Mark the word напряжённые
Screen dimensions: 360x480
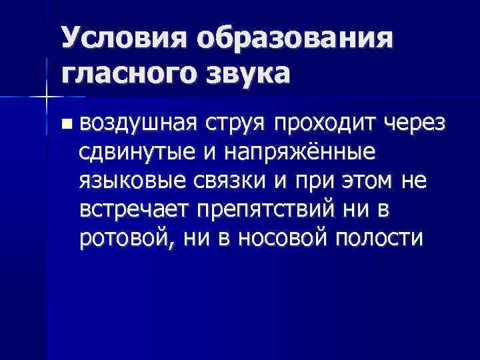301,153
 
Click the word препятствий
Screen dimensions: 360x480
274,209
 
